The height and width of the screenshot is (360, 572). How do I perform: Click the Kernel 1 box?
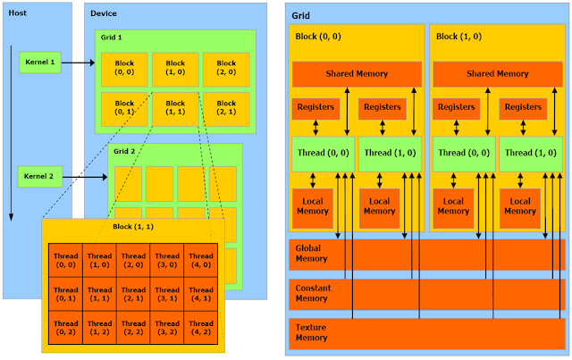(x=38, y=63)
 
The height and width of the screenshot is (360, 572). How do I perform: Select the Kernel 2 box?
(x=38, y=176)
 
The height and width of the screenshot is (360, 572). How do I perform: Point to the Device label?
(x=104, y=13)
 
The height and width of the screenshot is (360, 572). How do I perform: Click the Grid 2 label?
(x=124, y=152)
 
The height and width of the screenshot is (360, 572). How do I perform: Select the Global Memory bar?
(x=426, y=255)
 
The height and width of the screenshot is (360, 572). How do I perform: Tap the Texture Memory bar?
(x=426, y=332)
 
